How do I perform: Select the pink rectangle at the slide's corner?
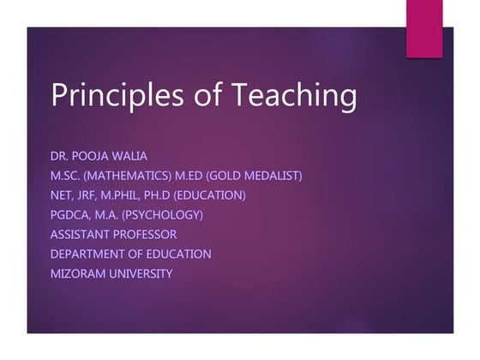click(x=424, y=29)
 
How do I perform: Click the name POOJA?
click(x=100, y=156)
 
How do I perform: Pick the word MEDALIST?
click(x=270, y=176)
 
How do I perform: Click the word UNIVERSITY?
click(x=143, y=273)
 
